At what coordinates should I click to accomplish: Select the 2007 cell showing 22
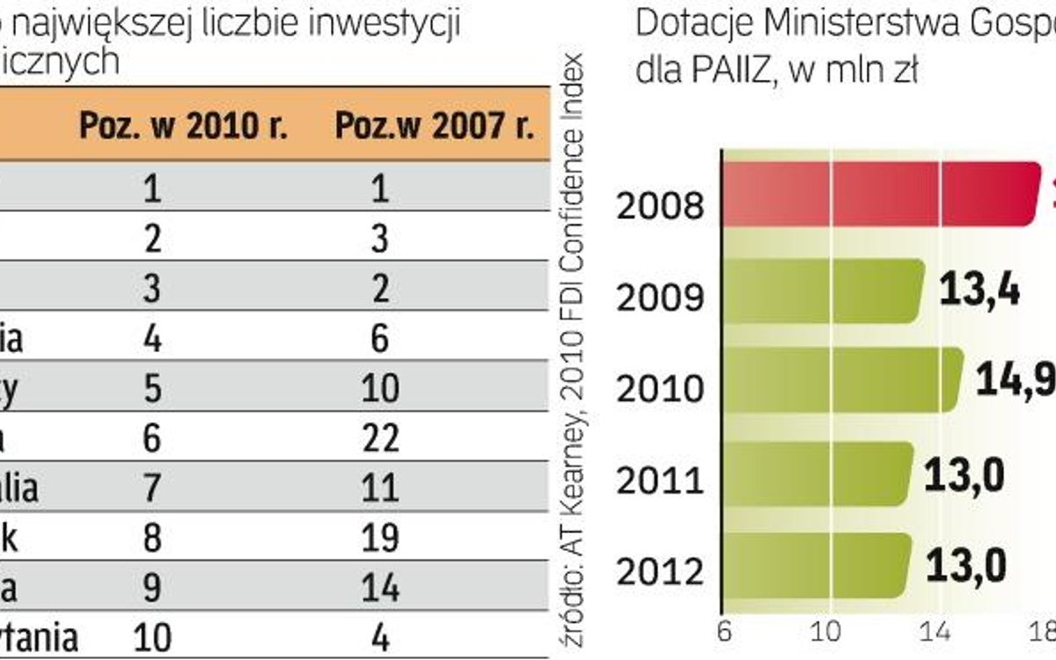pyautogui.click(x=380, y=437)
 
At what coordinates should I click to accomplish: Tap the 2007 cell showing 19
pyautogui.click(x=380, y=537)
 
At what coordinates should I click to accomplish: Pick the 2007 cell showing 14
pyautogui.click(x=380, y=587)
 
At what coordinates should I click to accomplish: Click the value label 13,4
pyautogui.click(x=979, y=290)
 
